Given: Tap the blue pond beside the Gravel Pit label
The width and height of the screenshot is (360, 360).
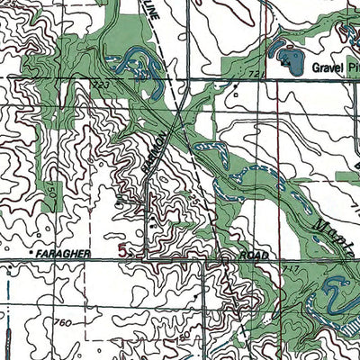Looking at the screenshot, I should [290, 60].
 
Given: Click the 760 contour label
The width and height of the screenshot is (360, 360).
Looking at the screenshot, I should [61, 321].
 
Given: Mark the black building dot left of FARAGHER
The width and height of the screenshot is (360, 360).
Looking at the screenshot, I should [31, 256].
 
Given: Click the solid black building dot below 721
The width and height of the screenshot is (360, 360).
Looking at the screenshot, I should [236, 87].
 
